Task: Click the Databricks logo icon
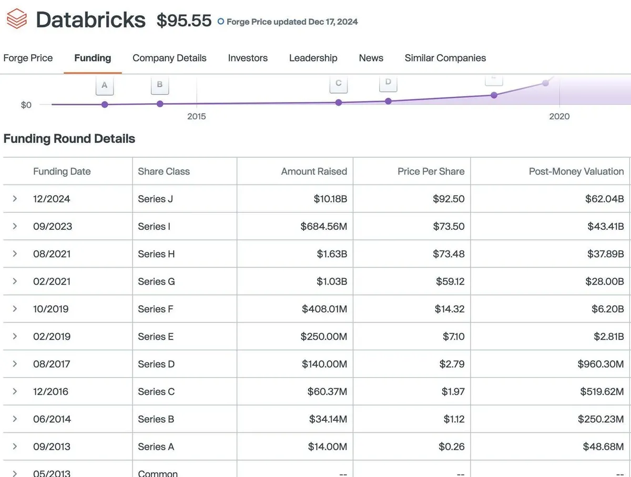pyautogui.click(x=16, y=20)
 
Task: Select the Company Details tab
pyautogui.click(x=169, y=58)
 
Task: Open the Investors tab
pyautogui.click(x=248, y=58)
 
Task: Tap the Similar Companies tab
pyautogui.click(x=445, y=58)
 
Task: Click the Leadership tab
pyautogui.click(x=313, y=58)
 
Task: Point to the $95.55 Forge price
pyautogui.click(x=184, y=21)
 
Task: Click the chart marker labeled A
pyautogui.click(x=105, y=85)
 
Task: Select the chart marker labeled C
pyautogui.click(x=339, y=83)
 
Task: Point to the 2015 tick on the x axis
pyautogui.click(x=197, y=116)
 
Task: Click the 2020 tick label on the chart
pyautogui.click(x=559, y=116)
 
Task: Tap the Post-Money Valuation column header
pyautogui.click(x=576, y=171)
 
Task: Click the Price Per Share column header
pyautogui.click(x=431, y=171)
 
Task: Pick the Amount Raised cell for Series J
pyautogui.click(x=330, y=199)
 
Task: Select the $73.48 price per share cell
pyautogui.click(x=449, y=254)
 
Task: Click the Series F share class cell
pyautogui.click(x=156, y=309)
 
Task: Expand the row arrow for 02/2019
pyautogui.click(x=15, y=336)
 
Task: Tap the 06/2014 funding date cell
pyautogui.click(x=52, y=419)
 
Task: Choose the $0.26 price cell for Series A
pyautogui.click(x=451, y=446)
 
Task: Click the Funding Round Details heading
pyautogui.click(x=69, y=139)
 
